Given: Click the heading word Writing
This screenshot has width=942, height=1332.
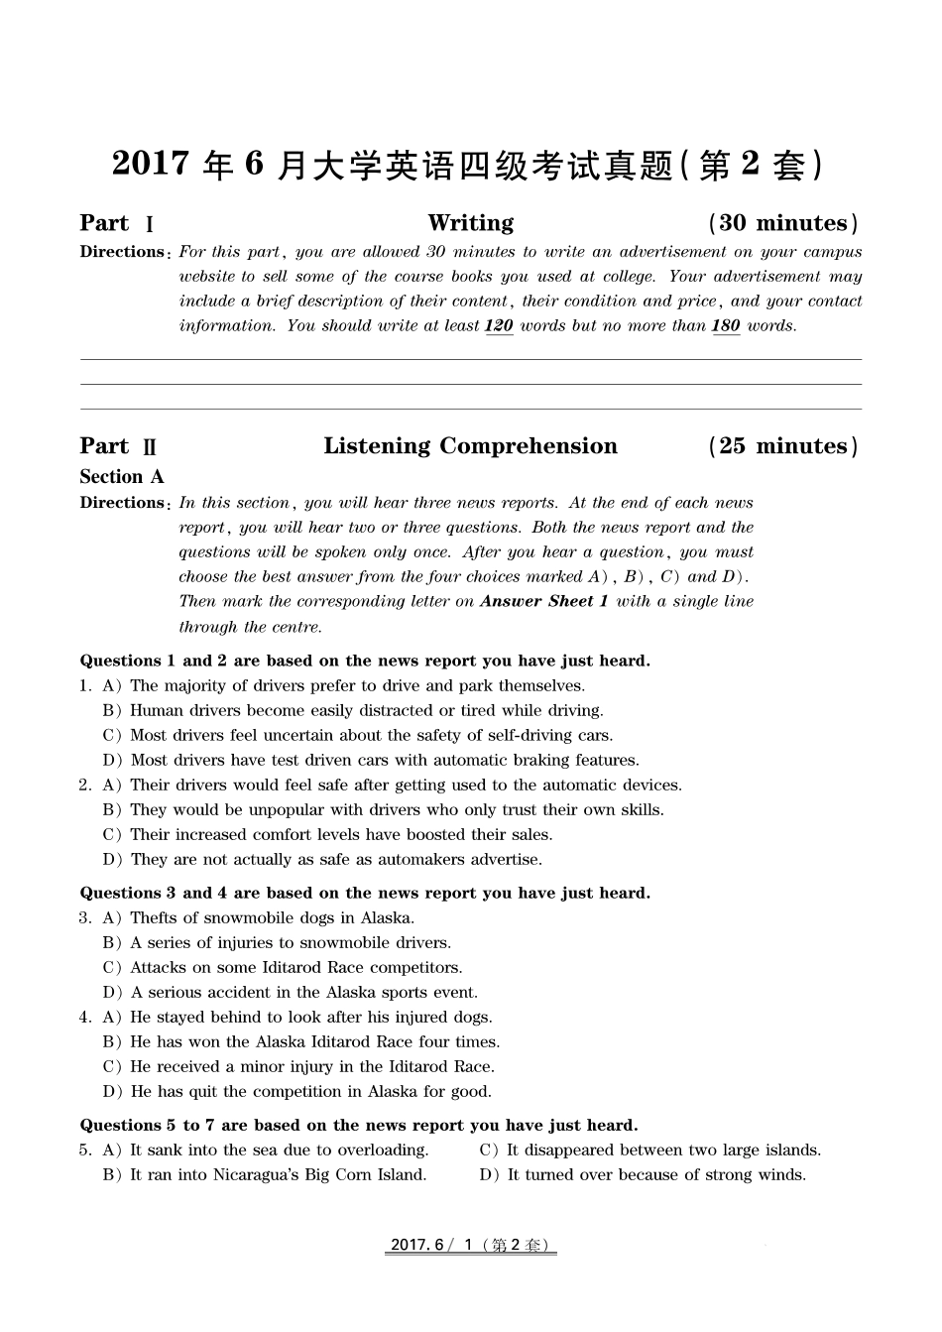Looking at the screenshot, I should coord(470,223).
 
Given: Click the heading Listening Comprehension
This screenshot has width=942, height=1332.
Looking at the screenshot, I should coord(470,446).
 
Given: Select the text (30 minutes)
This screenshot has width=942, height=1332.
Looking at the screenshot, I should coord(783,223).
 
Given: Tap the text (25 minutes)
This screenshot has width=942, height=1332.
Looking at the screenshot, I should coord(783,446).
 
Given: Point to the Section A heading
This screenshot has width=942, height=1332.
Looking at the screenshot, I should coord(122,477).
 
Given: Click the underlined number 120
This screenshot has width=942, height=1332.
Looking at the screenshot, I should coord(499,326).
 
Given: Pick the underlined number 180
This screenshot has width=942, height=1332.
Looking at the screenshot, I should coord(726,326).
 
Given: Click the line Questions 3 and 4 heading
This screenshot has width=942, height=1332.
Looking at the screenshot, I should coord(365,894).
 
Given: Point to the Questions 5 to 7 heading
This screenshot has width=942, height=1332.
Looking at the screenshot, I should coord(359,1126).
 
